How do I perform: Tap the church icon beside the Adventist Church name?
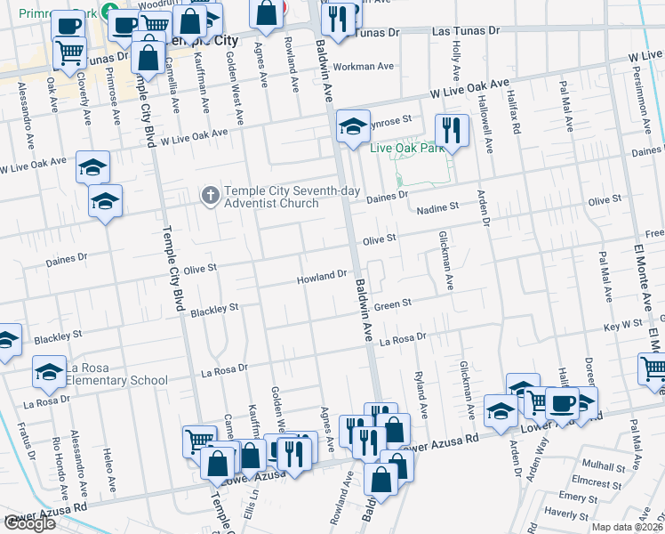(210, 195)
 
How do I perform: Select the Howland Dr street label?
(321, 277)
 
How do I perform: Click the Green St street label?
(391, 304)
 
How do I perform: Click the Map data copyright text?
(627, 527)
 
